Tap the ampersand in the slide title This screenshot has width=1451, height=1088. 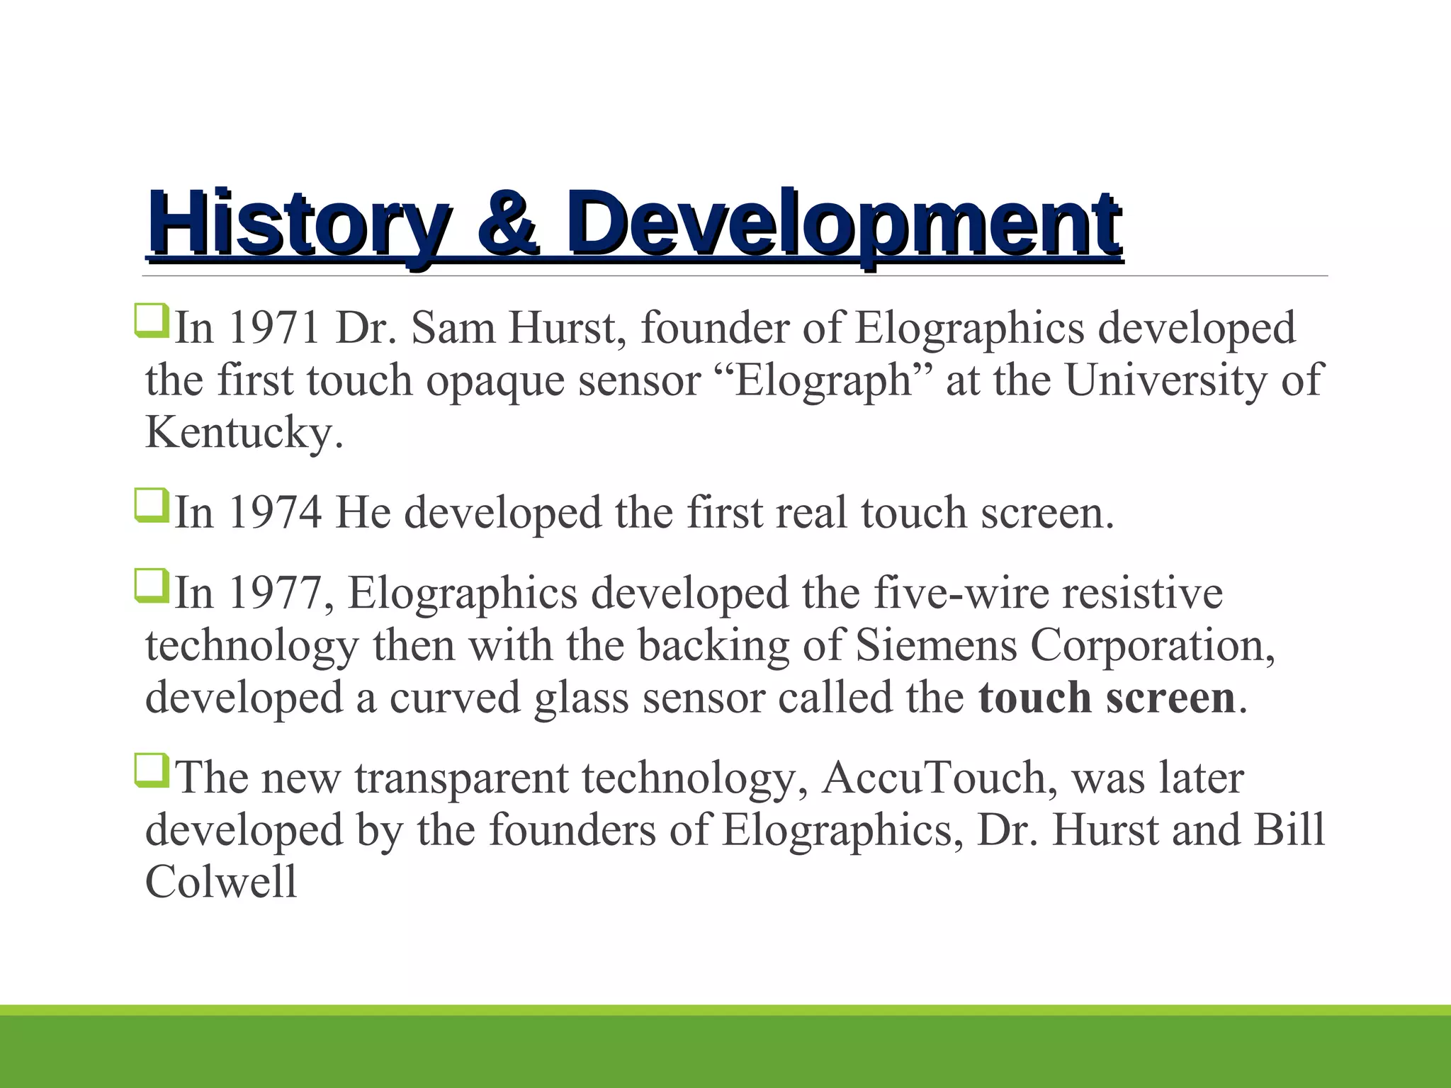coord(507,224)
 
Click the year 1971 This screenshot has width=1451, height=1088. coord(274,329)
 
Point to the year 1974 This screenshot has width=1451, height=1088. coord(275,512)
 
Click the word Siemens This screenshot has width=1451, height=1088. coord(936,645)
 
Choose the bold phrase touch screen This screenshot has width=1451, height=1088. coord(1106,698)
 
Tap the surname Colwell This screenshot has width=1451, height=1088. coord(221,882)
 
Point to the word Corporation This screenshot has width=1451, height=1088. coord(1148,645)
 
